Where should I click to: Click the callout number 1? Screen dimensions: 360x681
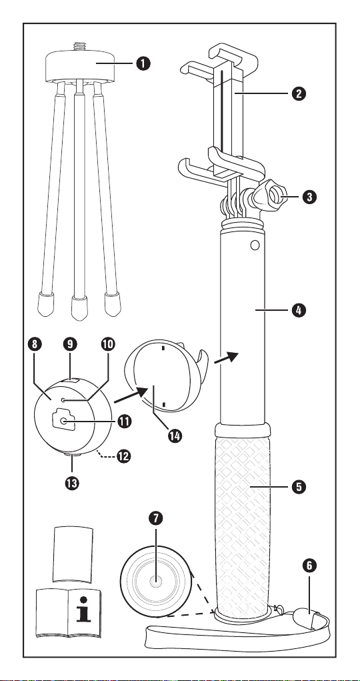point(143,63)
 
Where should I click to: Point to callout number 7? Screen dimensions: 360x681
point(155,518)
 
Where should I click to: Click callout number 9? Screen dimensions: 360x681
point(70,344)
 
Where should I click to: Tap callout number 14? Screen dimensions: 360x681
point(175,436)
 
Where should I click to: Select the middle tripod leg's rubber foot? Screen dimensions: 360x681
point(79,308)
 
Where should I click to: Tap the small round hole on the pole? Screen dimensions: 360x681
point(255,245)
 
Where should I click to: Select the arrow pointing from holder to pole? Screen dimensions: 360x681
point(226,358)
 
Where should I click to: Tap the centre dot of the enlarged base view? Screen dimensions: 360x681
point(155,581)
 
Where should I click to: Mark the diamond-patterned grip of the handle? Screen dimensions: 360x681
point(242,527)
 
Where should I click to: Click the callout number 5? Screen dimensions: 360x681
point(299,486)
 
